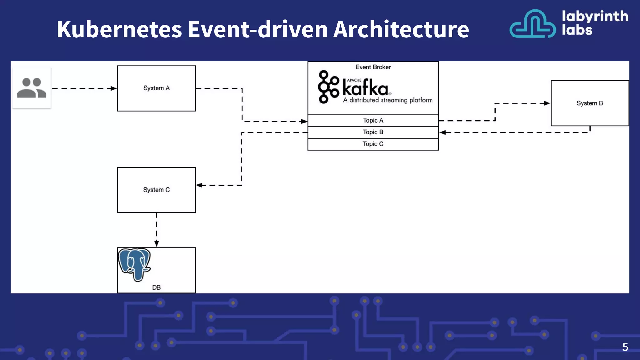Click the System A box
pos(157,88)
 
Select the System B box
pos(590,103)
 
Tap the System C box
pos(157,190)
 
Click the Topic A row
pos(373,120)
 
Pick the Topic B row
pos(373,132)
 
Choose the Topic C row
pos(373,144)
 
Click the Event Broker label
pos(373,67)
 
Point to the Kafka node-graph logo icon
pos(328,87)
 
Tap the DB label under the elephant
pos(157,287)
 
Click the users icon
pos(32,88)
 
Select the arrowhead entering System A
pos(114,88)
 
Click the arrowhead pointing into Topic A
pos(304,121)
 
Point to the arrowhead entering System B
pos(547,103)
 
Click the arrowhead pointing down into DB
pos(157,244)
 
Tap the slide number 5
pos(625,347)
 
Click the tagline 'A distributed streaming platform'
pos(388,100)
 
